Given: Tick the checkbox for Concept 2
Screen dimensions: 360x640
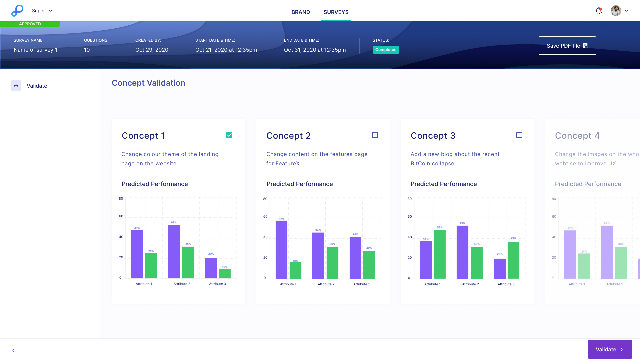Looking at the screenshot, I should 375,135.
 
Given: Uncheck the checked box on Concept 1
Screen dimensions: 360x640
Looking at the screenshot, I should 229,135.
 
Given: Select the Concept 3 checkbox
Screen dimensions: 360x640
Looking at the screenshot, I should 519,135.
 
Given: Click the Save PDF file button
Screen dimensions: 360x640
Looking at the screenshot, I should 567,46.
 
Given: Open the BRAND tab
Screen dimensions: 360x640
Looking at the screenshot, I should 301,12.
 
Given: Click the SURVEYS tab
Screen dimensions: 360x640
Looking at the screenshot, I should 336,12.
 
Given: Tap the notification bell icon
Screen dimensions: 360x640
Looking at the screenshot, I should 599,11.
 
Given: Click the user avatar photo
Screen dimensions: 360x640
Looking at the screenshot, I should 616,11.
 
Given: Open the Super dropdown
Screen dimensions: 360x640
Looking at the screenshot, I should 42,11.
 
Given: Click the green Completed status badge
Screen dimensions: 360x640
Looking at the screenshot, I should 386,50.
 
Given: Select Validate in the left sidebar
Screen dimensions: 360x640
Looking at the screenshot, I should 37,86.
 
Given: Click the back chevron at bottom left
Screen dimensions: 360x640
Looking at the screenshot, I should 13,350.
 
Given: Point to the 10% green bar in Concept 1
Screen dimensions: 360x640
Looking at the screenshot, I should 225,273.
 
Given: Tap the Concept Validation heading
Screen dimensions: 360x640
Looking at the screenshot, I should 148,83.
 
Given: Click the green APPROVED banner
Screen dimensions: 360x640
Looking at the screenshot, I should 30,24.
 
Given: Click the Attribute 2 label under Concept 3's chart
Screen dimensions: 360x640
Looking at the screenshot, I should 470,284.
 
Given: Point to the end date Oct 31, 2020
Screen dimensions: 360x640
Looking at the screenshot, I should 315,50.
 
